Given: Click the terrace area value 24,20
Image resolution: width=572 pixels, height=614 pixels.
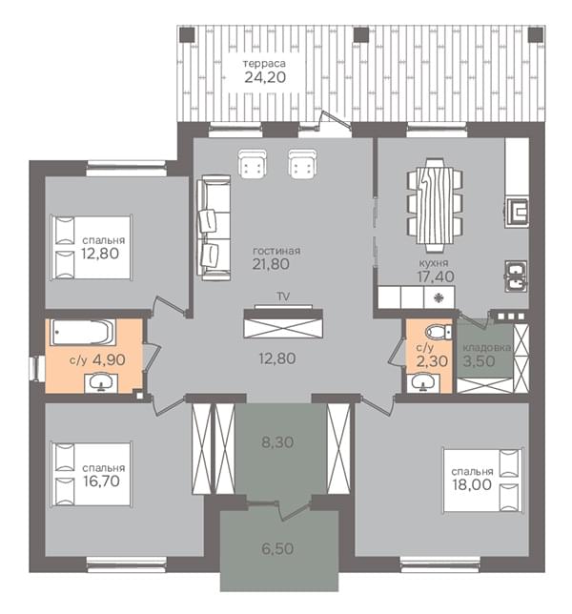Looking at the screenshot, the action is tap(265, 77).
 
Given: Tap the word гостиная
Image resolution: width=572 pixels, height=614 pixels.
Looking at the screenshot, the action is tap(276, 251).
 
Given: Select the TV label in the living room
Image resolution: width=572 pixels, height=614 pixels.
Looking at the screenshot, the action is tap(283, 297).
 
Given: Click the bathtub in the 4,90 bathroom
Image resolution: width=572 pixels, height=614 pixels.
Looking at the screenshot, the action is tap(83, 332).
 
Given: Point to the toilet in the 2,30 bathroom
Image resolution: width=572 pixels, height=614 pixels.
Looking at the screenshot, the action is tap(439, 332).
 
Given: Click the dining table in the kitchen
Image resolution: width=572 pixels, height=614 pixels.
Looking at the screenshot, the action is tap(435, 205).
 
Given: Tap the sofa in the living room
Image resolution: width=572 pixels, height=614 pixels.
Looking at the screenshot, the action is tap(214, 228).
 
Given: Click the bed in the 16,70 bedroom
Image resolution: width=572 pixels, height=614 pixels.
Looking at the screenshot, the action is tap(91, 475).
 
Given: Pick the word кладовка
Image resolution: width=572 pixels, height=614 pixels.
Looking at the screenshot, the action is tap(487, 348).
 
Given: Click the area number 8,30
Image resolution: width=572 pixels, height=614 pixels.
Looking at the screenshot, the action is tap(277, 442).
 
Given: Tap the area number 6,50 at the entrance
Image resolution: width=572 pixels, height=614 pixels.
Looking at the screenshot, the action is tap(277, 548).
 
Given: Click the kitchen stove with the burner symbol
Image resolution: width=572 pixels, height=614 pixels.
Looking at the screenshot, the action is tap(439, 297).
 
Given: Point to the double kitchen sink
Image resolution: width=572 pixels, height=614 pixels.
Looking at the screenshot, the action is tap(517, 276).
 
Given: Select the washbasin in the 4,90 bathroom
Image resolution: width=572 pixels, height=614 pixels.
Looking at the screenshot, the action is tap(101, 382).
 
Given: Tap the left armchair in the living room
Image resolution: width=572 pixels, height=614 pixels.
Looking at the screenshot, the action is tap(252, 164).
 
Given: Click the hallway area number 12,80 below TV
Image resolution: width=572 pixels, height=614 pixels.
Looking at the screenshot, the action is tap(277, 358).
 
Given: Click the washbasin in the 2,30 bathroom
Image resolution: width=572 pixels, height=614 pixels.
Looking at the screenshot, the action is tap(423, 382).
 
